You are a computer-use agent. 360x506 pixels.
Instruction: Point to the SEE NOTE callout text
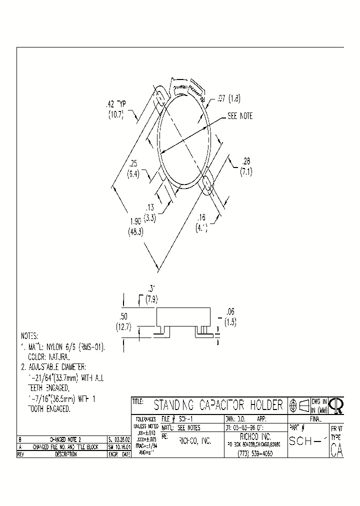coord(240,116)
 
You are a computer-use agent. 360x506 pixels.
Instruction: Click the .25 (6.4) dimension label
coord(133,168)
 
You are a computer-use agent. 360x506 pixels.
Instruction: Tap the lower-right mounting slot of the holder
coord(206,183)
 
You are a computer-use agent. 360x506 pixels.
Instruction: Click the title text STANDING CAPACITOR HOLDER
coord(218,404)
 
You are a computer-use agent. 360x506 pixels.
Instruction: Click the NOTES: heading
coord(29,336)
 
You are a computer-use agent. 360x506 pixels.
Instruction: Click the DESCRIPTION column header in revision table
coord(62,454)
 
